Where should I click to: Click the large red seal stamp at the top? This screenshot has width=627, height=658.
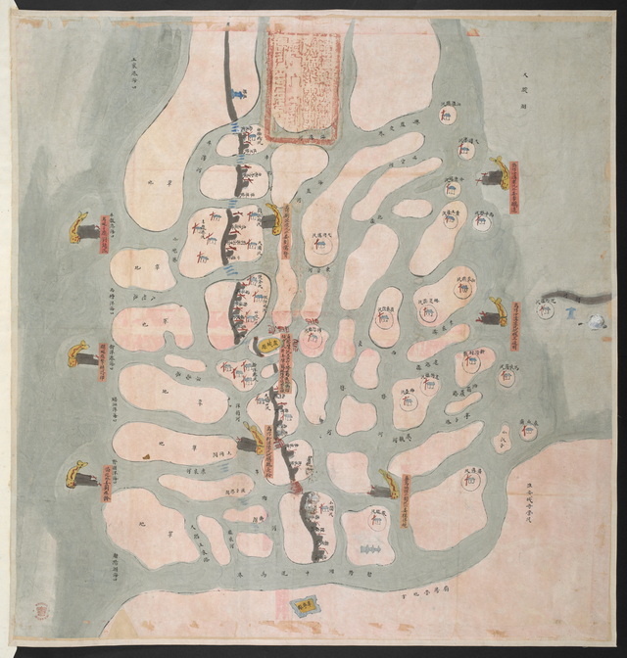coord(304,84)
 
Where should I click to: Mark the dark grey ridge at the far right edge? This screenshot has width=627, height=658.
coord(578,296)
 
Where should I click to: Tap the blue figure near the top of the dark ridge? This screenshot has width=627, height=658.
coord(238,94)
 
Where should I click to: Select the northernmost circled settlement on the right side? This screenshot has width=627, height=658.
coord(446,117)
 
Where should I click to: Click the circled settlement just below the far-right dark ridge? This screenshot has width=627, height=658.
coord(545,310)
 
